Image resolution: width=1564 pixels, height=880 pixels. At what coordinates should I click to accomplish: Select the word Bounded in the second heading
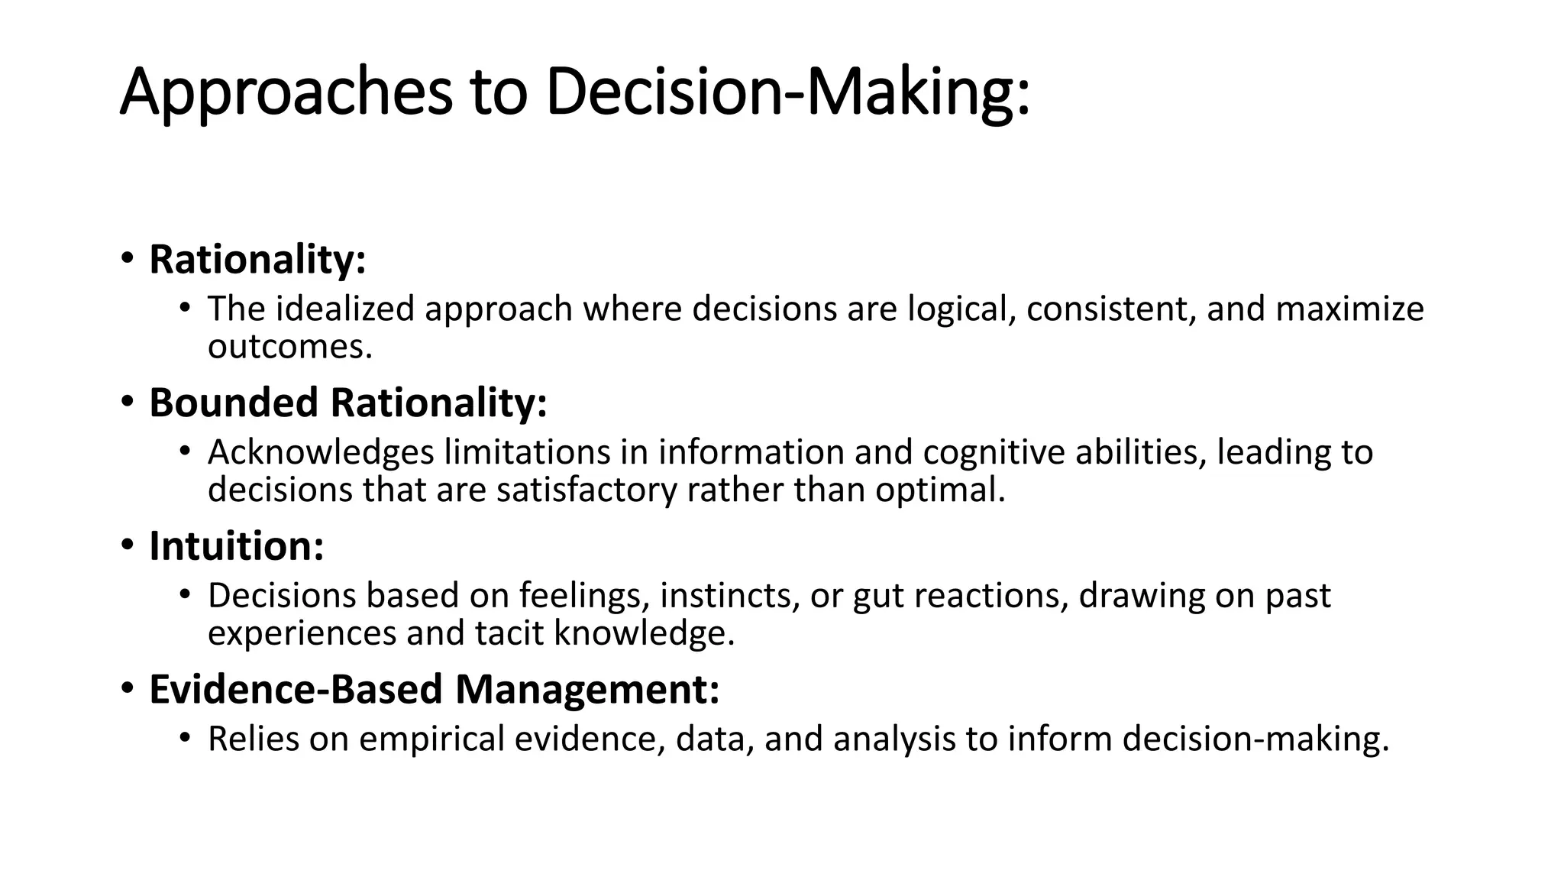(x=234, y=403)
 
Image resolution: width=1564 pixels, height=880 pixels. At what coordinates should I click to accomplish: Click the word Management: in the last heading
(x=587, y=689)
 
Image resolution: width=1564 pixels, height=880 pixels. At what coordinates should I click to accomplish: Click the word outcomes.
(x=290, y=347)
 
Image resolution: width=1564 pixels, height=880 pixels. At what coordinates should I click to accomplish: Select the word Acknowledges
(x=321, y=452)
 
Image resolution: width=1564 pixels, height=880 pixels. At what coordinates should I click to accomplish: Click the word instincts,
(x=730, y=596)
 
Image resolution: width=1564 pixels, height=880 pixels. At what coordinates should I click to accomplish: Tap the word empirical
(x=431, y=739)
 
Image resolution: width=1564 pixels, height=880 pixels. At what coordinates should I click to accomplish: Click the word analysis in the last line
(x=894, y=739)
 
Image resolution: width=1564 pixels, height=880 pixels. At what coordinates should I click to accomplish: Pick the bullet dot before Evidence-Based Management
(x=127, y=688)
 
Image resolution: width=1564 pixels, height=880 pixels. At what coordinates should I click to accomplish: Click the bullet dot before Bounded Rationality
(x=127, y=402)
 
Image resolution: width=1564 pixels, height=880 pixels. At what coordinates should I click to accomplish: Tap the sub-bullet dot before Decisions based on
(x=184, y=594)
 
